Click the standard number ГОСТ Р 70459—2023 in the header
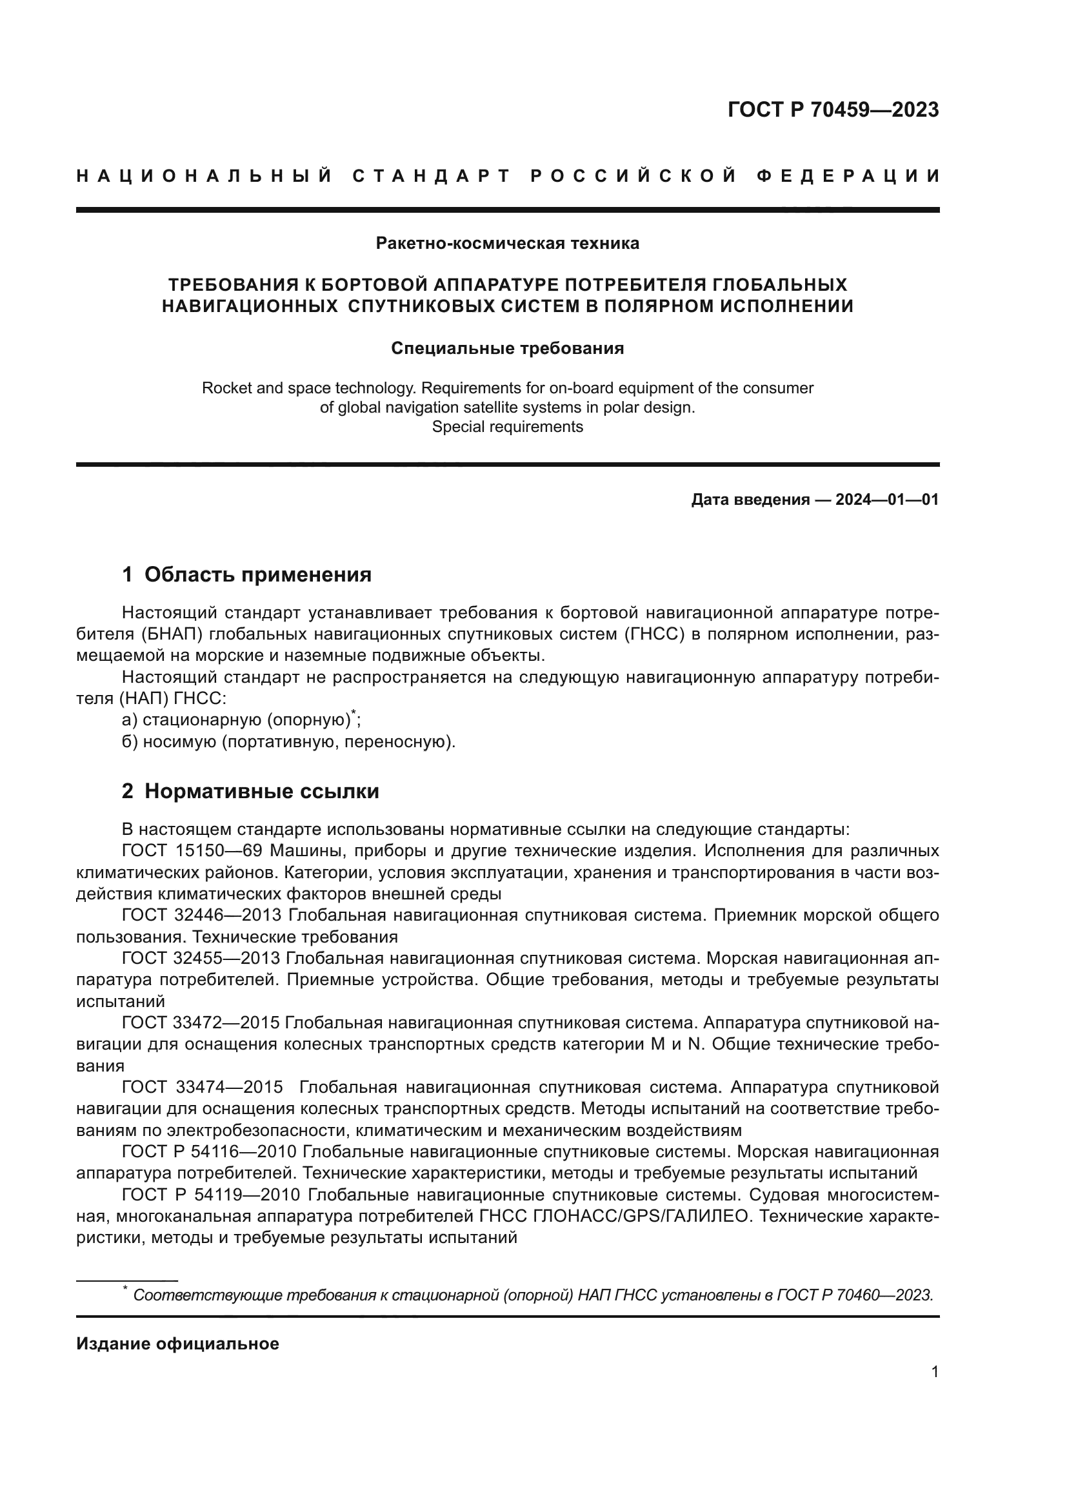click(833, 110)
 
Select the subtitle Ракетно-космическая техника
click(507, 244)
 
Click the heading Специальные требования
click(507, 349)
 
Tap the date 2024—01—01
click(886, 500)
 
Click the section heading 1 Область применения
click(247, 574)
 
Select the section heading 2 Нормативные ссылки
click(250, 792)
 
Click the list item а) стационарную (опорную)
click(241, 720)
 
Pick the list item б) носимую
click(288, 742)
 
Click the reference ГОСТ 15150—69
click(192, 851)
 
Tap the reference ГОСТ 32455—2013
click(202, 958)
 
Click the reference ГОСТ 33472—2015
click(202, 1023)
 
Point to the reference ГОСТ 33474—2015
click(202, 1087)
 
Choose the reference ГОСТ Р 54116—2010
click(211, 1151)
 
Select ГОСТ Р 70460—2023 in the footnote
click(854, 1295)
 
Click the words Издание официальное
click(177, 1344)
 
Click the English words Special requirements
click(507, 427)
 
